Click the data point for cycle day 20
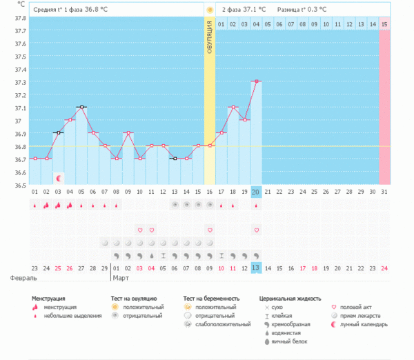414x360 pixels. pyautogui.click(x=256, y=81)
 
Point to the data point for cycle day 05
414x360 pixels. pyautogui.click(x=81, y=107)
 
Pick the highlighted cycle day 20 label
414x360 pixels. pyautogui.click(x=256, y=192)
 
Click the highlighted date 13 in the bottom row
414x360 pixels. pyautogui.click(x=256, y=268)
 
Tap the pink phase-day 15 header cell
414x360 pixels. pyautogui.click(x=384, y=25)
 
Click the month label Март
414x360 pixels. pyautogui.click(x=121, y=279)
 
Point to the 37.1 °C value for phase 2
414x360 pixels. pyautogui.click(x=253, y=10)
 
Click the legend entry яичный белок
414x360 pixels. pyautogui.click(x=290, y=341)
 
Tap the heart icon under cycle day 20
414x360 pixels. pyautogui.click(x=256, y=230)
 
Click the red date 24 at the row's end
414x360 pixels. pyautogui.click(x=384, y=268)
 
